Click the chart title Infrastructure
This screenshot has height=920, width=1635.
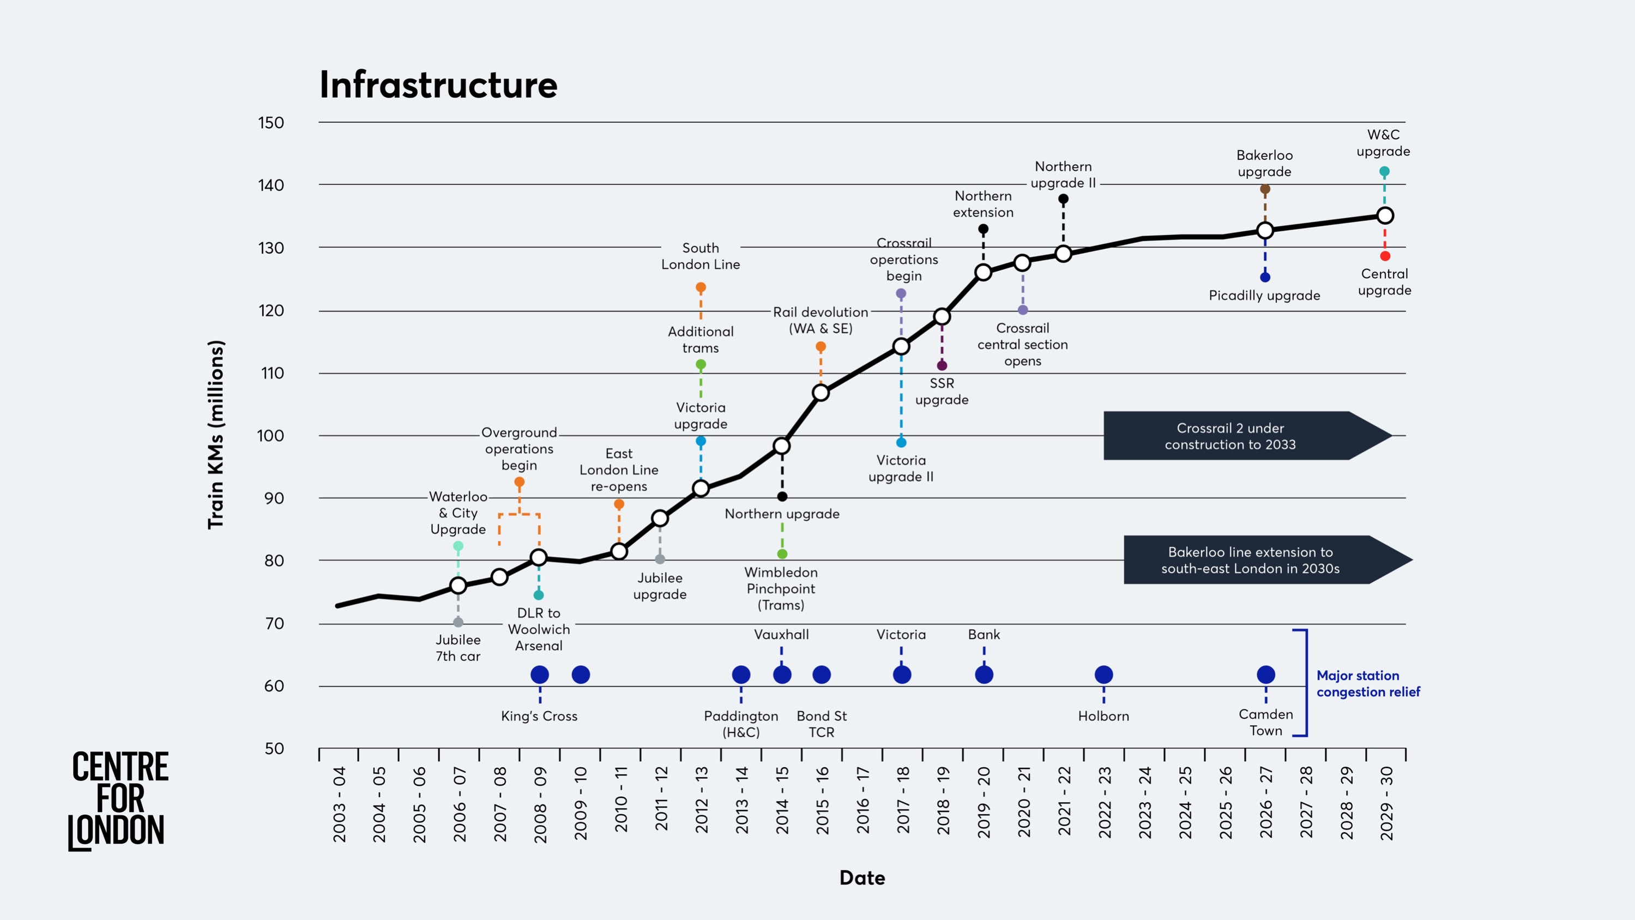(x=438, y=85)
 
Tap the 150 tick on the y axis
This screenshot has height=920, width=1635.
(x=271, y=123)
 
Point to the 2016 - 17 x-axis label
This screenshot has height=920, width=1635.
(x=862, y=804)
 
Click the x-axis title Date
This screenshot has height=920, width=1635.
(x=862, y=877)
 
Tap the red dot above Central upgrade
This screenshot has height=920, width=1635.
(x=1385, y=256)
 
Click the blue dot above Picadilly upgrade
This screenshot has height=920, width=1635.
(x=1265, y=277)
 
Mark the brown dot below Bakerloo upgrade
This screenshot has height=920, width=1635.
(x=1265, y=189)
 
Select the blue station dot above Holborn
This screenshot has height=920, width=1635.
(x=1104, y=674)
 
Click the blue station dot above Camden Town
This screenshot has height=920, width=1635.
(x=1265, y=674)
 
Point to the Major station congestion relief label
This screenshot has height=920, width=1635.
(x=1368, y=683)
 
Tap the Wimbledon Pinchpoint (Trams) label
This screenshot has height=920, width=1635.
(x=781, y=588)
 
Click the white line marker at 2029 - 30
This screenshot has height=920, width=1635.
(x=1385, y=216)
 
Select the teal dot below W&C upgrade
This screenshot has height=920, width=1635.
(x=1384, y=171)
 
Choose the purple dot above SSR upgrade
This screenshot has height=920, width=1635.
(x=942, y=365)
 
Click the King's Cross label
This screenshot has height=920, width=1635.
(x=539, y=715)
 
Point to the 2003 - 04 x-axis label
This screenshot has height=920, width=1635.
(x=340, y=804)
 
